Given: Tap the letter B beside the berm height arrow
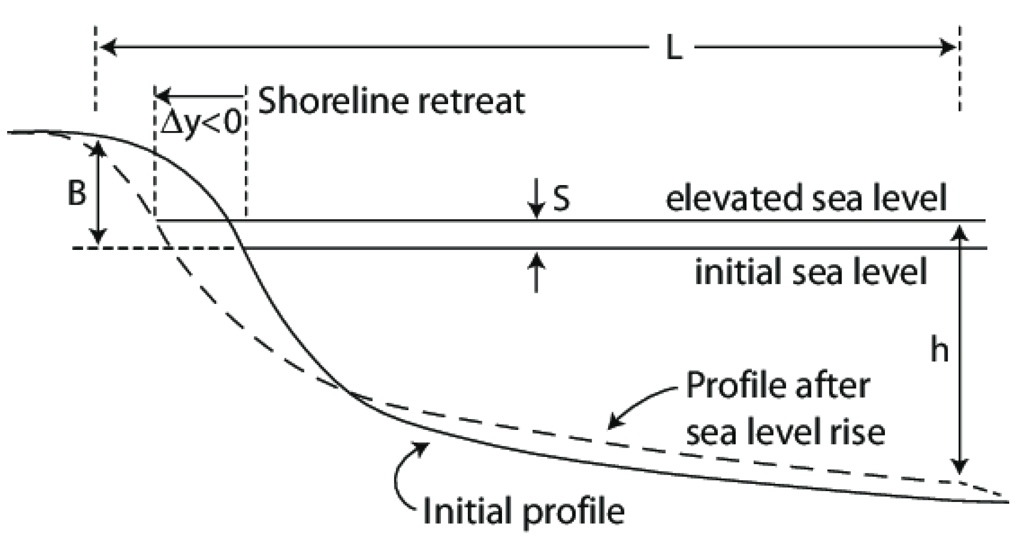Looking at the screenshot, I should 76,193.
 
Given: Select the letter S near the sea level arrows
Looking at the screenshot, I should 561,198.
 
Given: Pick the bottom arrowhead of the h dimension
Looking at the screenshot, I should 960,466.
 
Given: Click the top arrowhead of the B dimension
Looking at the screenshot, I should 98,148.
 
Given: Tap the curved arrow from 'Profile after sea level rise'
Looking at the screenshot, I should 637,405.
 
